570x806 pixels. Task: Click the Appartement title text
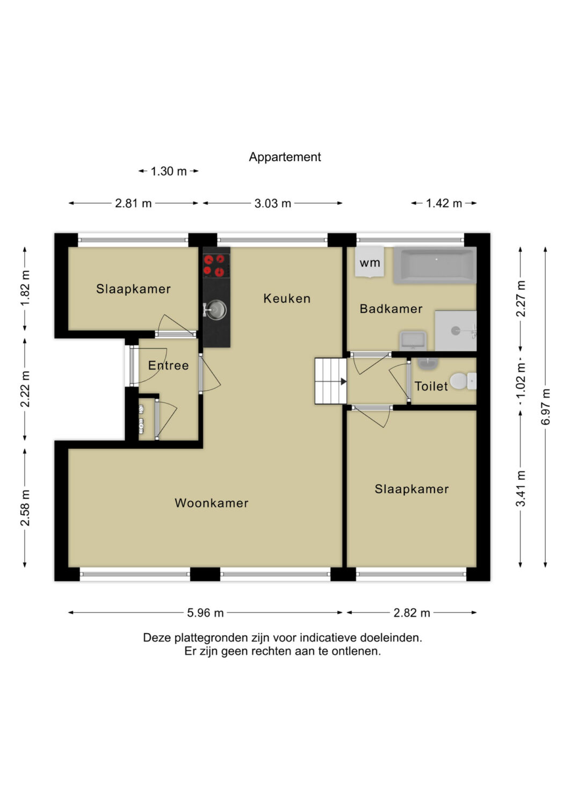[285, 157]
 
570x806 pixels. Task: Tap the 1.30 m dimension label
[168, 171]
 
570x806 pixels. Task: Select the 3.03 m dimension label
[272, 204]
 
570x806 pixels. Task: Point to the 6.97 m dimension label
[545, 407]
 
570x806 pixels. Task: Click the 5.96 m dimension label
[205, 613]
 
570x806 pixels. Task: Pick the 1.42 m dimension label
[444, 204]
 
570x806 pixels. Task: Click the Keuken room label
[287, 298]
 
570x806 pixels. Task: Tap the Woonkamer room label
[212, 503]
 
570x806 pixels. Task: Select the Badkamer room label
[391, 309]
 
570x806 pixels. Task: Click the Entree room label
[168, 365]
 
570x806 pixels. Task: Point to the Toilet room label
[431, 386]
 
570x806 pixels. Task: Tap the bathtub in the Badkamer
[435, 265]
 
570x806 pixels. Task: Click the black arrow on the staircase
[344, 381]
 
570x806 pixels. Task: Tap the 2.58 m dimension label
[25, 508]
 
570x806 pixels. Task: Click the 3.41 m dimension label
[521, 488]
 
